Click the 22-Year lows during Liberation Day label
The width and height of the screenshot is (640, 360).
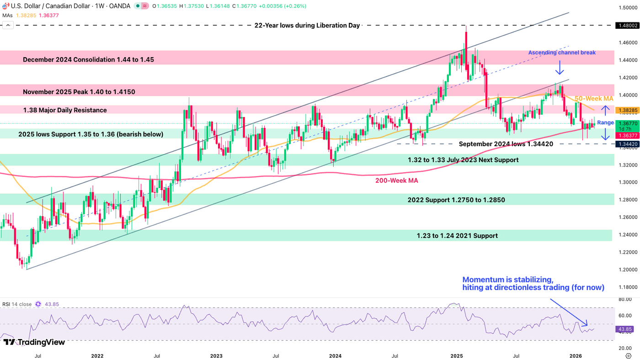click(x=307, y=26)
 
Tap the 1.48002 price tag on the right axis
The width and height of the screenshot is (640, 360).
click(x=626, y=26)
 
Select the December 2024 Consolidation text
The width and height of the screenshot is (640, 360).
click(x=88, y=60)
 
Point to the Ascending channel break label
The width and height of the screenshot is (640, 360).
click(x=562, y=53)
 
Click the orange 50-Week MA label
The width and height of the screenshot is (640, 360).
click(x=594, y=99)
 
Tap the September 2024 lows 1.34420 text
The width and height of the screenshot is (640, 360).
click(x=506, y=144)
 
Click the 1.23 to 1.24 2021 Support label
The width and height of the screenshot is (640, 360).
click(x=457, y=236)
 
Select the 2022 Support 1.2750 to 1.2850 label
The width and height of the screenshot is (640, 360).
click(x=456, y=200)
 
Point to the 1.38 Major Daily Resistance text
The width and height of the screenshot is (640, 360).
click(x=64, y=110)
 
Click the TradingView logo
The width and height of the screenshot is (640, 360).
click(x=34, y=342)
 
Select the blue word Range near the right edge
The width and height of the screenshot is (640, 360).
click(x=605, y=123)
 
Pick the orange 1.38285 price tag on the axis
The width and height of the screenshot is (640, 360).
click(x=626, y=111)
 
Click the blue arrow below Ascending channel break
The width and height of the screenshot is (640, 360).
click(x=560, y=69)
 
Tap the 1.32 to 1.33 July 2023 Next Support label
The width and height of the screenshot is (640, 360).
click(x=463, y=160)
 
